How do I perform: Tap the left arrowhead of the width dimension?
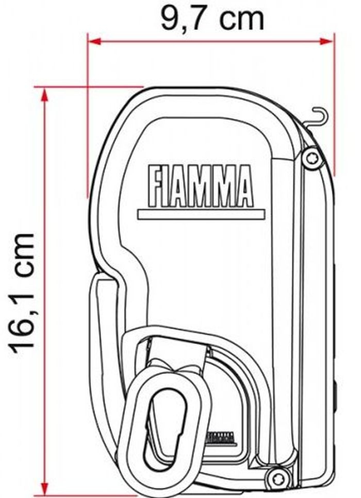click(94, 41)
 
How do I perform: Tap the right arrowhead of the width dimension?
click(326, 41)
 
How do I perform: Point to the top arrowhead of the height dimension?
click(45, 95)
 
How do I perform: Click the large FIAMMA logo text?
click(201, 186)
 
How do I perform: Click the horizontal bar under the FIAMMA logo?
click(201, 214)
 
